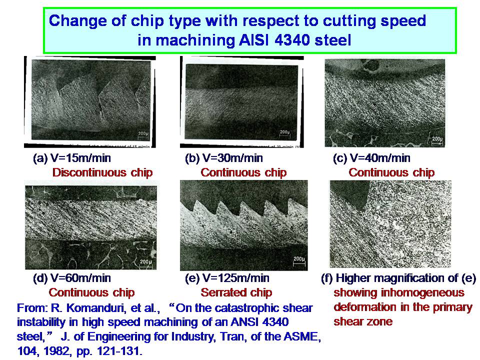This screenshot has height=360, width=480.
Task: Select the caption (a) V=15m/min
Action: click(x=72, y=158)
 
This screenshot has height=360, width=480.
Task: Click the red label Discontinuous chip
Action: click(x=102, y=172)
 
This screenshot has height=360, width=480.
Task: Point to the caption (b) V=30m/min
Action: click(x=224, y=158)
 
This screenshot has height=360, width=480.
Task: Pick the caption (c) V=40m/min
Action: click(x=371, y=158)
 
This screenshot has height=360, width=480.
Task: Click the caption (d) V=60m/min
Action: click(x=72, y=278)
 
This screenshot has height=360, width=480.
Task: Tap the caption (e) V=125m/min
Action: click(x=227, y=278)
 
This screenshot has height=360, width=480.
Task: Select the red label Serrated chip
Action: click(x=236, y=292)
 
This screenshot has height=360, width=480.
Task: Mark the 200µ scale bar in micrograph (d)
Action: click(x=145, y=262)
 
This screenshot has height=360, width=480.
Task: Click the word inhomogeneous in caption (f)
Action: click(x=425, y=292)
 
